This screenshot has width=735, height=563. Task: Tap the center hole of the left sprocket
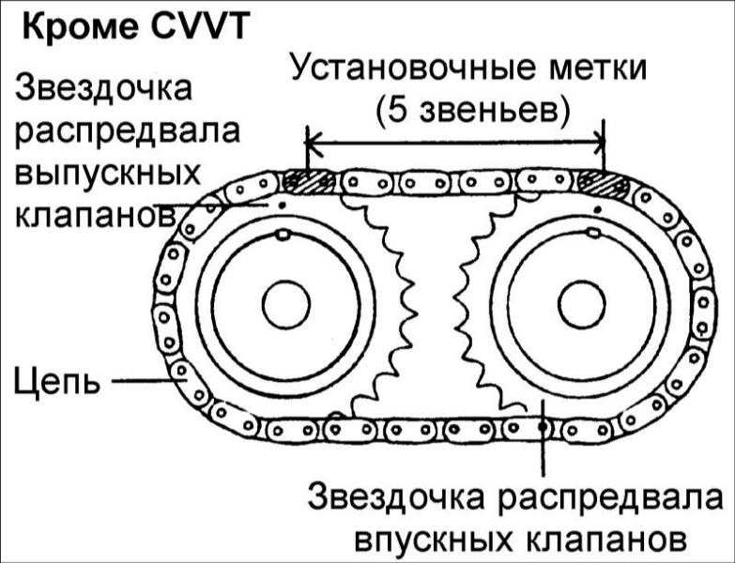pyautogui.click(x=285, y=304)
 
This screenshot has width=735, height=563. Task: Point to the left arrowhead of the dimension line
pyautogui.click(x=314, y=143)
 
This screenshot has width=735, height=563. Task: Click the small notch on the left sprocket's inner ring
pyautogui.click(x=281, y=235)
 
